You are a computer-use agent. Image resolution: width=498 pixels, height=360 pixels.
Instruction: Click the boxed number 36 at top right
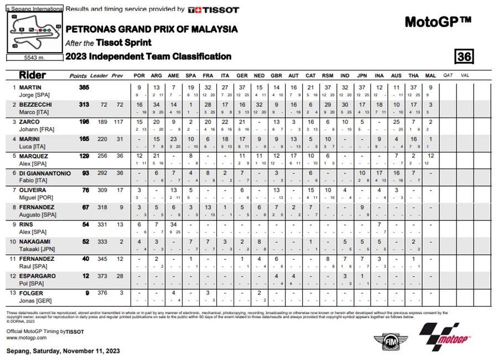tap(463, 56)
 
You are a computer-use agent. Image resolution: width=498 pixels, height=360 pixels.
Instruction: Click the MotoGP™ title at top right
tap(437, 22)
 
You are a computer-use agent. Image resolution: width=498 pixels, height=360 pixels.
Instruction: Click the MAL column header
tap(430, 75)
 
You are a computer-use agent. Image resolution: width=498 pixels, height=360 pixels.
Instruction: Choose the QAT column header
tap(448, 75)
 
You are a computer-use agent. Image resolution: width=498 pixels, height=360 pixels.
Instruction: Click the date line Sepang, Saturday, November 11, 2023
tap(63, 351)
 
